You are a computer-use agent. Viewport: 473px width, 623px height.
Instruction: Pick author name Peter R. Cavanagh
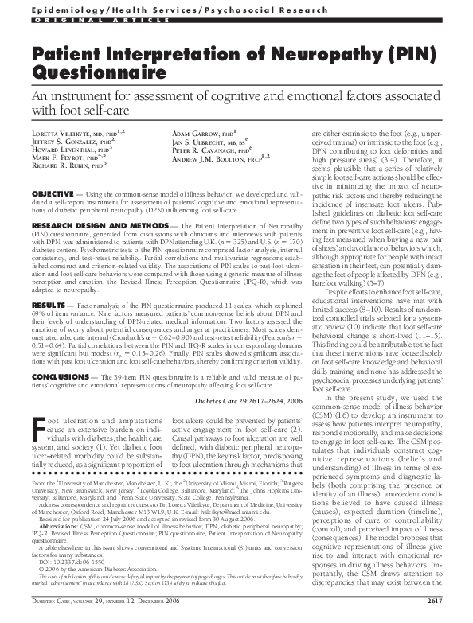pos(209,148)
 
